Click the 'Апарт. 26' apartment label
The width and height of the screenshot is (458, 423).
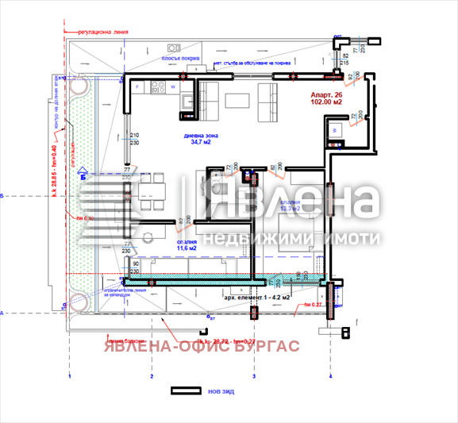pyautogui.click(x=325, y=94)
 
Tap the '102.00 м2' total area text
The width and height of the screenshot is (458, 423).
pyautogui.click(x=325, y=102)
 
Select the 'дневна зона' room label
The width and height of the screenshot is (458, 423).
pyautogui.click(x=198, y=136)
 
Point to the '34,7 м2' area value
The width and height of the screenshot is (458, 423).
pyautogui.click(x=198, y=144)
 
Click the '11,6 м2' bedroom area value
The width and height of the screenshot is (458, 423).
pyautogui.click(x=187, y=248)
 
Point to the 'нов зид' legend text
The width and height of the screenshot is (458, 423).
pyautogui.click(x=222, y=390)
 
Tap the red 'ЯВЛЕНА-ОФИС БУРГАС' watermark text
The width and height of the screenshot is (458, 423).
pyautogui.click(x=198, y=345)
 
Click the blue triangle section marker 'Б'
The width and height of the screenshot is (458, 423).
pyautogui.click(x=83, y=177)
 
